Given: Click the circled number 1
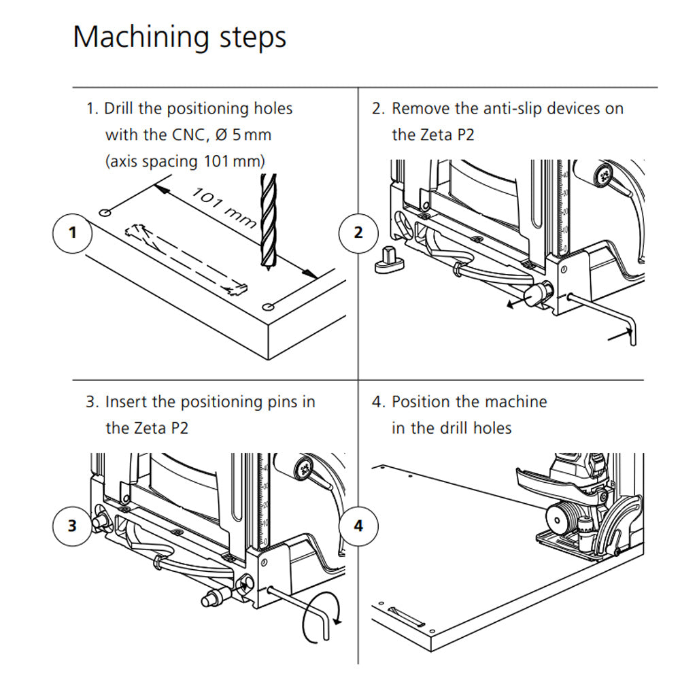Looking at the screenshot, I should pos(73,233).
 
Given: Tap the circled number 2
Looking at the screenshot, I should pos(358,233).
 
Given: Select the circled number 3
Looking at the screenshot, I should pos(73,526).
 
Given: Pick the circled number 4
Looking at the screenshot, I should pos(358,526).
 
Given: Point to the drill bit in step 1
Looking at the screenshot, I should pos(269,218).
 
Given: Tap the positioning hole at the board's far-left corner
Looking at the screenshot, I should pos(105,214).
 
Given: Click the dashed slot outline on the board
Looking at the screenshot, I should pos(184,259).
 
